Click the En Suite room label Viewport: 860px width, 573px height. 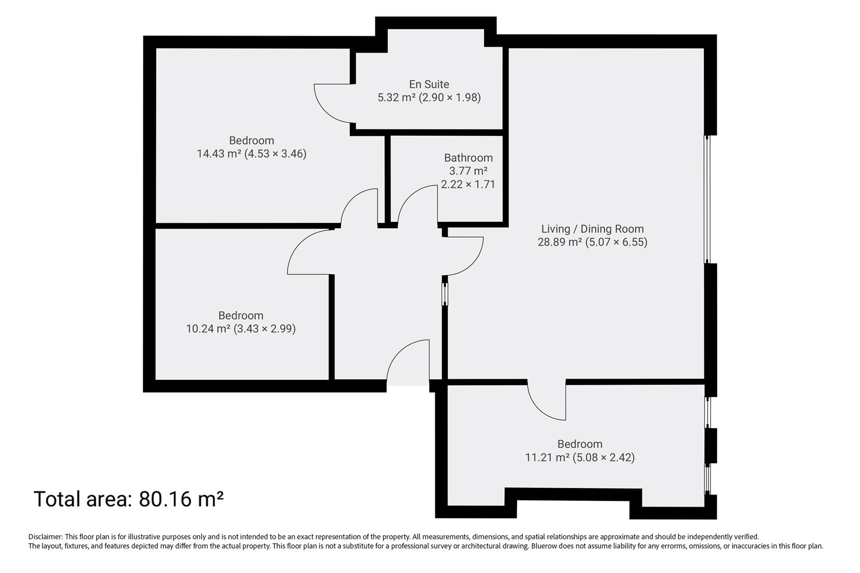point(429,84)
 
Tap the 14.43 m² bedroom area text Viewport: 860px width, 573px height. point(251,154)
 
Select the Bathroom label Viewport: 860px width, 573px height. point(468,158)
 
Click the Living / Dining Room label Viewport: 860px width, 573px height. point(592,229)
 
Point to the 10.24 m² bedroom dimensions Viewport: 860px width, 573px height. point(240,329)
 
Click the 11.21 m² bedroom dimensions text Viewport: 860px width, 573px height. point(580,457)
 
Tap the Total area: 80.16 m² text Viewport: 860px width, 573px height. point(128,499)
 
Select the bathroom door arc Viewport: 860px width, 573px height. point(416,205)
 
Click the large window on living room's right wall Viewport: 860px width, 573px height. point(707,199)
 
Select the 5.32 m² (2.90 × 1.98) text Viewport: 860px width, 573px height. point(429,98)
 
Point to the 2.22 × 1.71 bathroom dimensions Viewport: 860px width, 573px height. point(468,185)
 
